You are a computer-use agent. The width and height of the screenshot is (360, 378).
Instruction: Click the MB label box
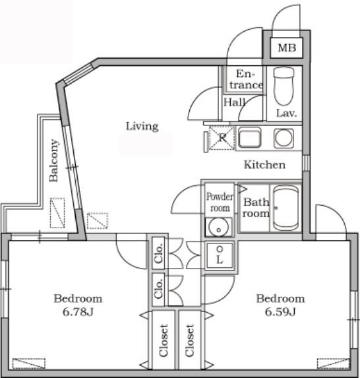[286, 47]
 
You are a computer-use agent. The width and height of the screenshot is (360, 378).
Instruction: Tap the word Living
[142, 126]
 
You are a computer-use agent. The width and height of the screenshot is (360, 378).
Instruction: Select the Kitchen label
[264, 165]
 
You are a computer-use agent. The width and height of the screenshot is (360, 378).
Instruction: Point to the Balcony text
[53, 160]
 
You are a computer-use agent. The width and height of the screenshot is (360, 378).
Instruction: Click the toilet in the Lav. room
[284, 86]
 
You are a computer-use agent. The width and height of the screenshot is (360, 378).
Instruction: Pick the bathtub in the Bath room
[285, 208]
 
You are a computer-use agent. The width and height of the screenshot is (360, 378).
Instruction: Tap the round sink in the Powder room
[218, 227]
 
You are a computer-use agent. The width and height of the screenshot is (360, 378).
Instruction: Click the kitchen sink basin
[249, 138]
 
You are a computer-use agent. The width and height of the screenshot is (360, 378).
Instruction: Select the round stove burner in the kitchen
[284, 138]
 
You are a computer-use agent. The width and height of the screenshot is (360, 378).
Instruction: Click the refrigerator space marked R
[222, 138]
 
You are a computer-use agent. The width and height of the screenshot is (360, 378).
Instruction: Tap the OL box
[220, 255]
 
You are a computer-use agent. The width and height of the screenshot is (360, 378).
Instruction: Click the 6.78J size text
[78, 312]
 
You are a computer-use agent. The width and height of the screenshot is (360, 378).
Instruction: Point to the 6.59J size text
[280, 312]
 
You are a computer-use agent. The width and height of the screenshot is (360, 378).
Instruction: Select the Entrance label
[246, 79]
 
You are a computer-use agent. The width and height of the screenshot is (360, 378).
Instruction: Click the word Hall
[235, 102]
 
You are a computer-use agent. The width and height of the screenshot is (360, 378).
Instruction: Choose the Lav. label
[286, 113]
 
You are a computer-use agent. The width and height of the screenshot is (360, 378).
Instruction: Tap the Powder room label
[220, 202]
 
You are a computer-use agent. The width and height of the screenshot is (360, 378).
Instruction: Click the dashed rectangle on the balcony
[57, 213]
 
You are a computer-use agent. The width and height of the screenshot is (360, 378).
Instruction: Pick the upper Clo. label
[158, 253]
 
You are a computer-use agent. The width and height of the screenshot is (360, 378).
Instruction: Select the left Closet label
[164, 340]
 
